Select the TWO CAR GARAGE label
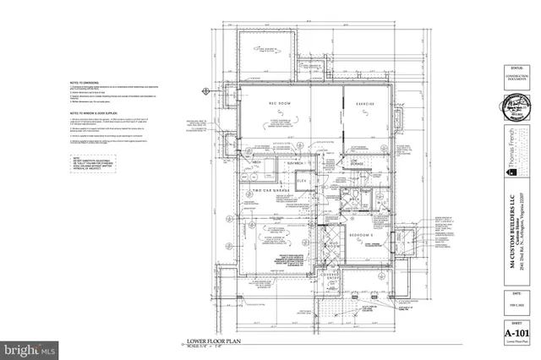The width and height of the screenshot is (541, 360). point(271,191)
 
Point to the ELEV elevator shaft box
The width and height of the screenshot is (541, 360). point(303,182)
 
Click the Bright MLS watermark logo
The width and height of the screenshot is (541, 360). point(30,347)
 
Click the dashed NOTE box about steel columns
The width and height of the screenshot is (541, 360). point(88,159)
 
